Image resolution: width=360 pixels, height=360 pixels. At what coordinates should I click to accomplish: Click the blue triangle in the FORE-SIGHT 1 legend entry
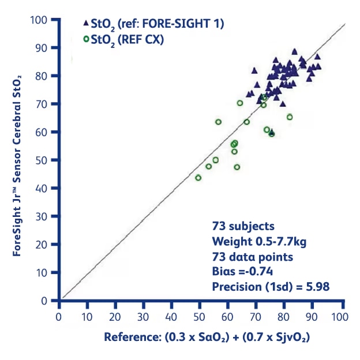[x=85, y=24]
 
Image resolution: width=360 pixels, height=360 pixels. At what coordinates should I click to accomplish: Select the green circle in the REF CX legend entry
[x=85, y=39]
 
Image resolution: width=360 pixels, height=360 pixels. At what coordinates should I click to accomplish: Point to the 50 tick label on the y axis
[x=43, y=160]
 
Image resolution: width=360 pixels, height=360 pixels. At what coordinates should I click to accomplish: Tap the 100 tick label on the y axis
[x=40, y=20]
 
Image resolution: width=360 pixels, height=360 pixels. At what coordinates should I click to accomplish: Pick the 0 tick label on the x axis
[x=58, y=317]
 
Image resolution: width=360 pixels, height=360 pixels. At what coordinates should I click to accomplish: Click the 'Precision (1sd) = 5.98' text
[x=271, y=286]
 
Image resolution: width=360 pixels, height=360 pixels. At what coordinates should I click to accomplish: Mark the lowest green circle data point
[x=198, y=178]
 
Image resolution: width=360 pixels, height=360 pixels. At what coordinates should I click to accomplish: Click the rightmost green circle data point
[x=290, y=117]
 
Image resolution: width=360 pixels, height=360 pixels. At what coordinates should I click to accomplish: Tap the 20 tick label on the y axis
[x=43, y=245]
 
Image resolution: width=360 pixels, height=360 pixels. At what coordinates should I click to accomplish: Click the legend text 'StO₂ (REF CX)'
[x=124, y=39]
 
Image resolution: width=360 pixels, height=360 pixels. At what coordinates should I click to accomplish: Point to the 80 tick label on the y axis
[x=43, y=76]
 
